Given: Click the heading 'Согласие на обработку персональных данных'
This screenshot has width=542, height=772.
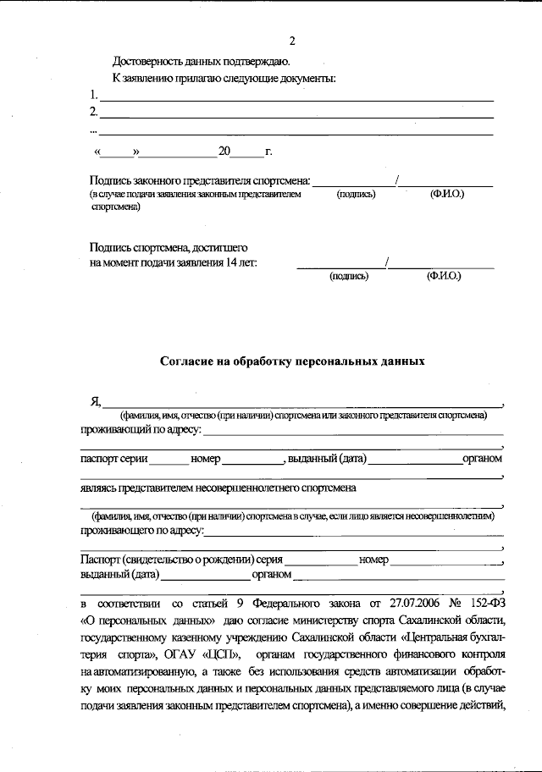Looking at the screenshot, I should coord(292,361).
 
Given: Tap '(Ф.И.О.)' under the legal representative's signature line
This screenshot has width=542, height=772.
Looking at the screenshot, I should coord(446,195).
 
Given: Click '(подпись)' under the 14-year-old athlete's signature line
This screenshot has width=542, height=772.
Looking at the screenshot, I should coord(348,276).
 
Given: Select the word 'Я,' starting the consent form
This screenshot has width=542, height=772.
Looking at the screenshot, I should coord(96,401).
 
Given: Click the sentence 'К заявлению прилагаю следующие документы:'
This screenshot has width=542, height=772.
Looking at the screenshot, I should coord(224,79).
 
